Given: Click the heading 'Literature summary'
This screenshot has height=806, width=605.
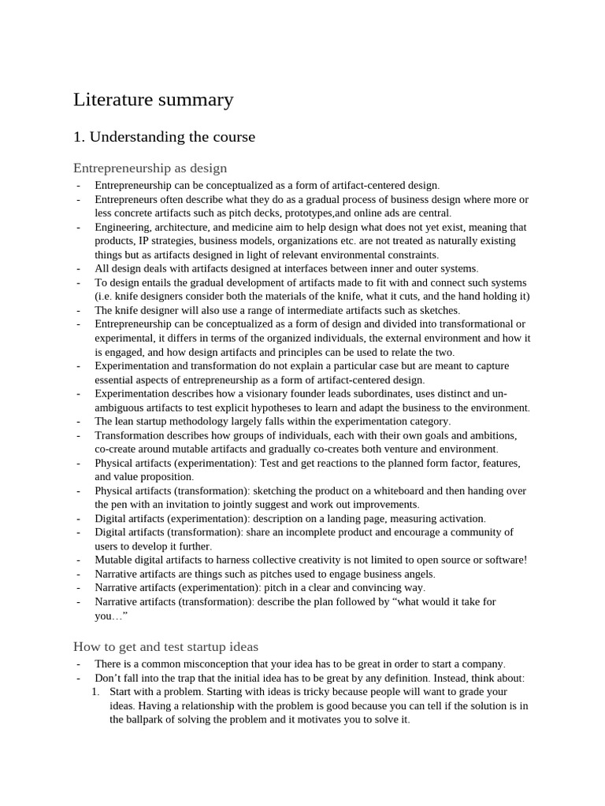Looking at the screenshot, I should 154,100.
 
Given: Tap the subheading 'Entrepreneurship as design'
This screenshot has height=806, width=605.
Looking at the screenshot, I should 150,168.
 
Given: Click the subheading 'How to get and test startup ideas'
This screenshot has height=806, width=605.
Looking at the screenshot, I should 165,646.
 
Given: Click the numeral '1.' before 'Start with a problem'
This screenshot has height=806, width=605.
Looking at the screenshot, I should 95,692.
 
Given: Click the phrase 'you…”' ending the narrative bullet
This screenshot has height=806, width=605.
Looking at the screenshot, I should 111,616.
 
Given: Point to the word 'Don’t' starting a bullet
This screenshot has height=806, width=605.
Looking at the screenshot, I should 109,678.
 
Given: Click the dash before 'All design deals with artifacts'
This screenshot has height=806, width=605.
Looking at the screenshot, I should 79,268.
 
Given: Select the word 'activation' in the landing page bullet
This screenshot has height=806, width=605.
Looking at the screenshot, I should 459,518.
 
